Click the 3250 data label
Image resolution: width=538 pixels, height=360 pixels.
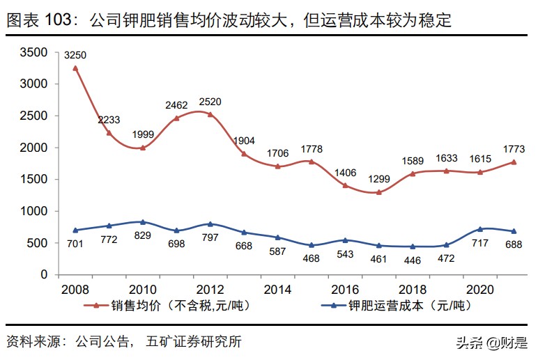pyautogui.click(x=76, y=54)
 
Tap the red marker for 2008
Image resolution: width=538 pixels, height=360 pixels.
pyautogui.click(x=75, y=68)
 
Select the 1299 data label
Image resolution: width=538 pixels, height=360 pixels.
pyautogui.click(x=381, y=179)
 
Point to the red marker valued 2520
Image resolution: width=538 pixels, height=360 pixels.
pyautogui.click(x=210, y=114)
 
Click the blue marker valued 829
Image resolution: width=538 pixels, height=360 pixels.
pyautogui.click(x=143, y=222)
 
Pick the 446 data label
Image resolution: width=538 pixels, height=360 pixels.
pyautogui.click(x=413, y=259)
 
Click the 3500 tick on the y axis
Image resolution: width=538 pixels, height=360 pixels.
pyautogui.click(x=33, y=52)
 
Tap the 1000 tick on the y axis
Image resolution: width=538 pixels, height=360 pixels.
pyautogui.click(x=33, y=211)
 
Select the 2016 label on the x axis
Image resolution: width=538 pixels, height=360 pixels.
pyautogui.click(x=345, y=288)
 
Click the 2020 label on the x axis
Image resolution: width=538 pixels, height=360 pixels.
pyautogui.click(x=480, y=288)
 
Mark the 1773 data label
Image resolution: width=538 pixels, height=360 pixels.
pyautogui.click(x=514, y=148)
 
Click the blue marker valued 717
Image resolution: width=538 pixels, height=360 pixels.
pyautogui.click(x=480, y=229)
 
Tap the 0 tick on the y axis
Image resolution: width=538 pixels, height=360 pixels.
pyautogui.click(x=44, y=274)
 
